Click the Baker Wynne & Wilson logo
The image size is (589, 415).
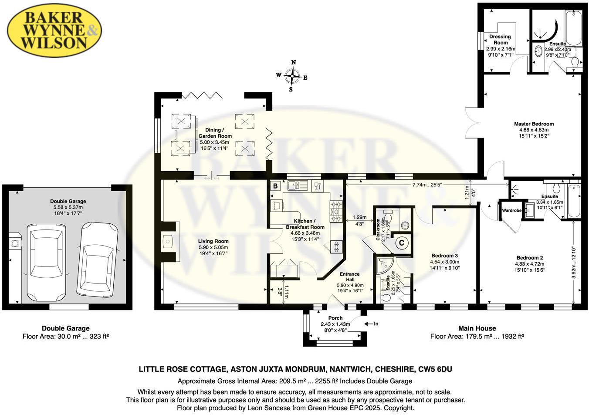click(54, 30)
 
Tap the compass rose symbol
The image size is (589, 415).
click(292, 77)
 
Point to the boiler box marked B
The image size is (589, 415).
click(275, 186)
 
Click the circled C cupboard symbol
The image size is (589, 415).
click(401, 243)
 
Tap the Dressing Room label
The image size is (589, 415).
click(500, 40)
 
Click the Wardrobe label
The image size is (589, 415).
click(511, 211)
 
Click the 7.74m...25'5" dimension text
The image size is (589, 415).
click(427, 185)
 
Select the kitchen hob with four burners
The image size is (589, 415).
click(336, 211)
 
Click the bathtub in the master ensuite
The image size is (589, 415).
click(573, 28)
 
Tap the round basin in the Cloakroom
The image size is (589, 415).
click(405, 225)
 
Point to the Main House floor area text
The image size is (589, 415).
click(477, 336)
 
